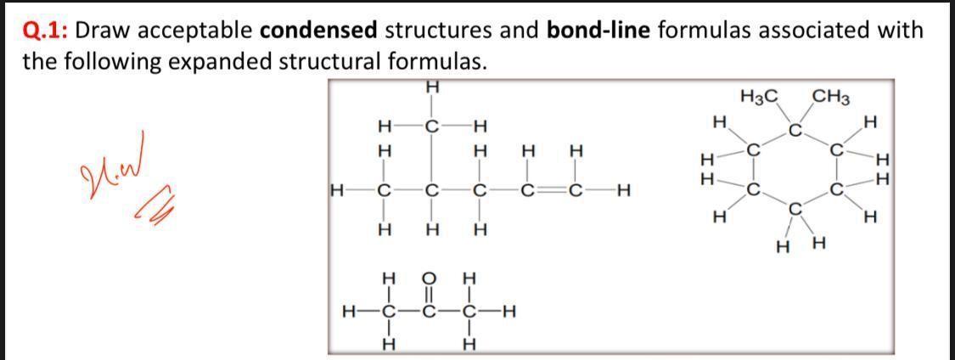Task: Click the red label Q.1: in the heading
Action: coord(45,31)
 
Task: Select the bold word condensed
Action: coord(317,31)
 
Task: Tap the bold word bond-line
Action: coord(599,31)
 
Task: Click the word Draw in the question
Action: coord(105,31)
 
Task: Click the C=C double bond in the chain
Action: coord(552,189)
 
